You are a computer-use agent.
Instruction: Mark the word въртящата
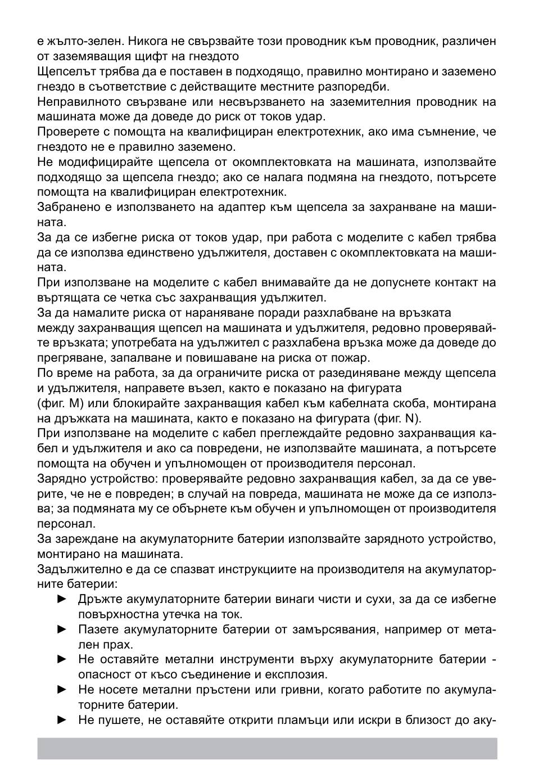(64, 298)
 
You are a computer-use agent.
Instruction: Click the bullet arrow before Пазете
(62, 629)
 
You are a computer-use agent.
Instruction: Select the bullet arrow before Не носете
(62, 690)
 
